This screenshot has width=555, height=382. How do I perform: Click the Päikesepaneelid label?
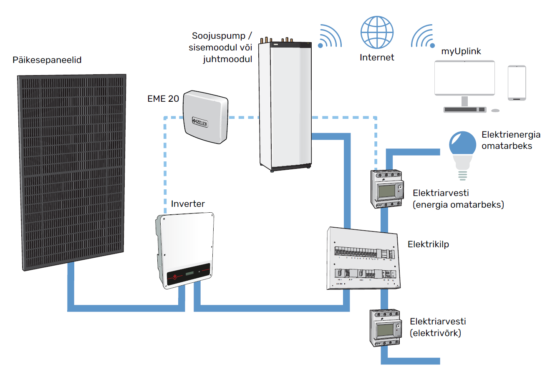(x=47, y=60)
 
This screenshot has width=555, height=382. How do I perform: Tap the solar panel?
(x=72, y=171)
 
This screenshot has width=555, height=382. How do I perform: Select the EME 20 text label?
(x=163, y=99)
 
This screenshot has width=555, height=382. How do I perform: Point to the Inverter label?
(x=188, y=204)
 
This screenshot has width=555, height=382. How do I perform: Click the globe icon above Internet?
(x=377, y=32)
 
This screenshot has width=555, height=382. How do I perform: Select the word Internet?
(x=377, y=58)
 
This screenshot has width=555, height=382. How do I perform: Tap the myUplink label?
(x=461, y=51)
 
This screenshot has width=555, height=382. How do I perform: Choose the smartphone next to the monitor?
(x=517, y=83)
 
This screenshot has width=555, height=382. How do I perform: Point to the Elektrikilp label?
(x=428, y=244)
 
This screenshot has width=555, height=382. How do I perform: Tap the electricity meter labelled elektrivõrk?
(x=386, y=328)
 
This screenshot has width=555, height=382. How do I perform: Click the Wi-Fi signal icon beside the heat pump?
(x=330, y=36)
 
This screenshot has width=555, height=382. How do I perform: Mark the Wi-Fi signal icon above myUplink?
(x=423, y=36)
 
